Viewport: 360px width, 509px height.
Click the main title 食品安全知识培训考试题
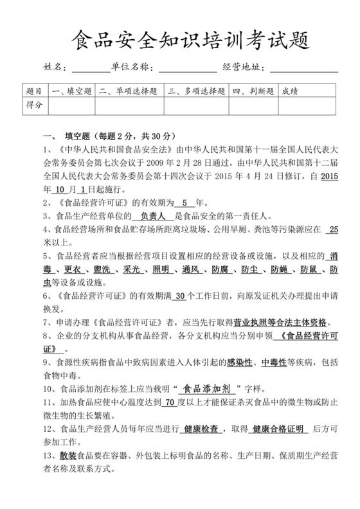[179, 40]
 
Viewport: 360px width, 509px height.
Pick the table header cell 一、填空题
[71, 91]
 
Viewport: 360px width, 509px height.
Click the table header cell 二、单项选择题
[130, 91]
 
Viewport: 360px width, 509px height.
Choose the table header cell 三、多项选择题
[197, 91]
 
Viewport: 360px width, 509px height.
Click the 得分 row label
[33, 105]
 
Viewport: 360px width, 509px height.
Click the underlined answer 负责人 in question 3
[154, 217]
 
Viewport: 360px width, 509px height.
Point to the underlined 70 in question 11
[170, 403]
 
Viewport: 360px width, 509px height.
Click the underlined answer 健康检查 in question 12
[203, 429]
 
